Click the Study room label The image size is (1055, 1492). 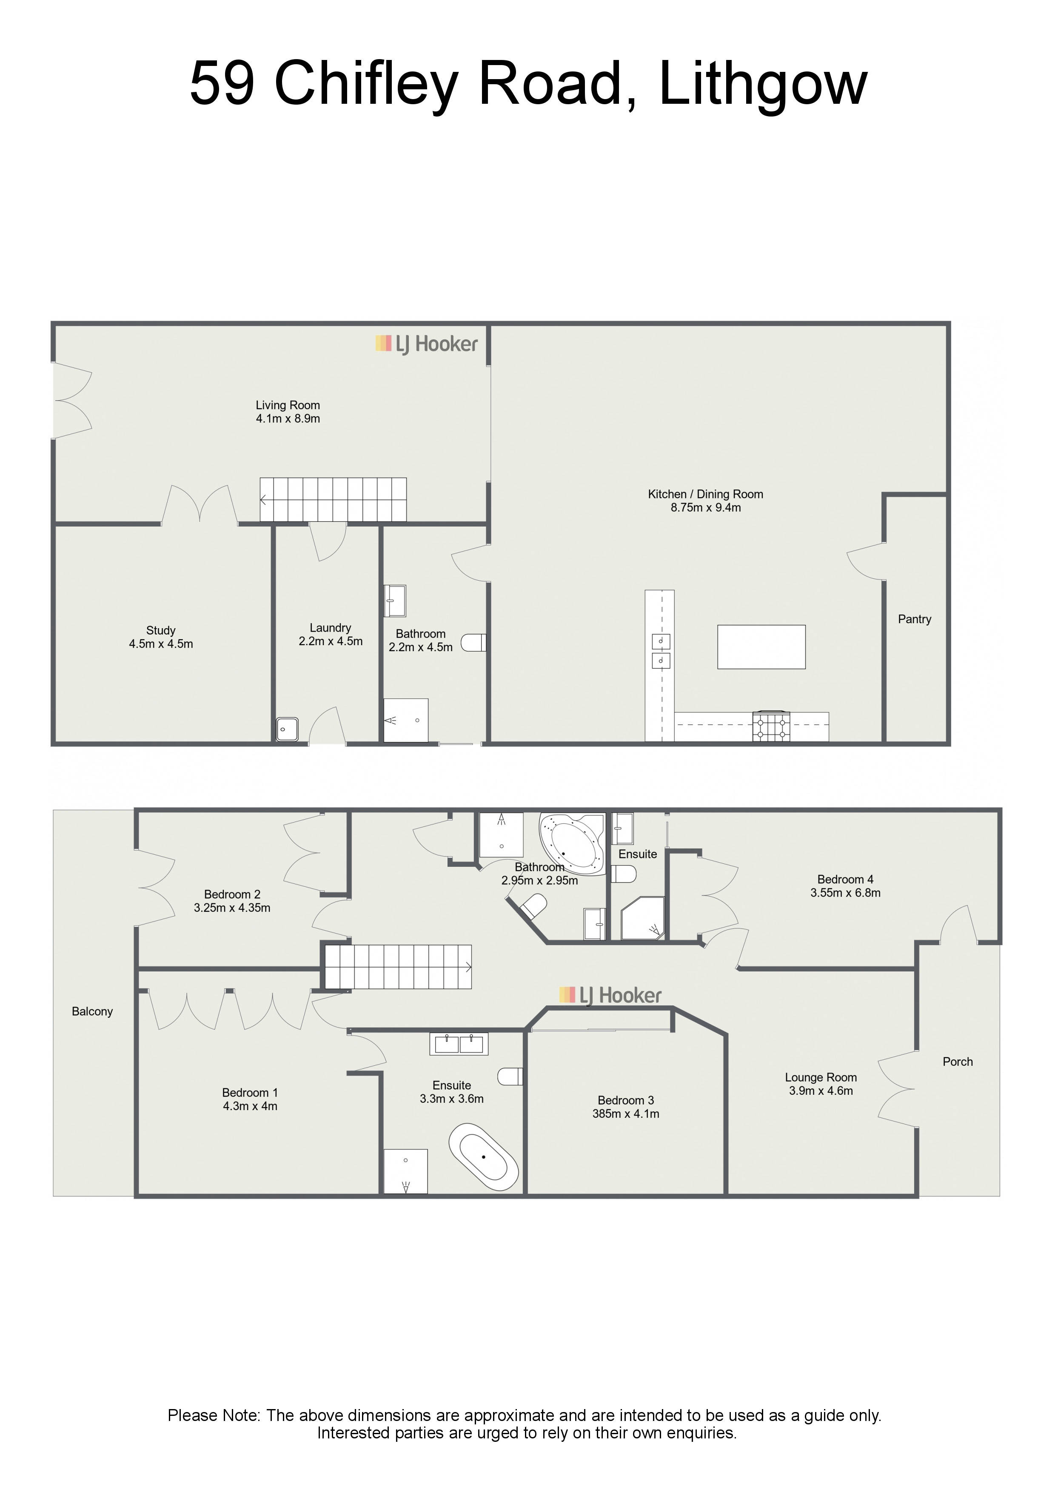[160, 630]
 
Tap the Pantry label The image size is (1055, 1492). [915, 619]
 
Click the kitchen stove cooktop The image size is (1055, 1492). [772, 726]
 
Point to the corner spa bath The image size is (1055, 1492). [573, 842]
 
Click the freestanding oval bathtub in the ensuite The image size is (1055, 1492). [484, 1157]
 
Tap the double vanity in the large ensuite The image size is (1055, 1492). [459, 1044]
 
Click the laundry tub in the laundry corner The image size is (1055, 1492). [287, 729]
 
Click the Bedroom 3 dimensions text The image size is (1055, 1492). [625, 1114]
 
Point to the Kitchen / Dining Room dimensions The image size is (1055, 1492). [705, 507]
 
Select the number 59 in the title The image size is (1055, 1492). [222, 83]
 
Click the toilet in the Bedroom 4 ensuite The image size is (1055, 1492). [624, 874]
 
